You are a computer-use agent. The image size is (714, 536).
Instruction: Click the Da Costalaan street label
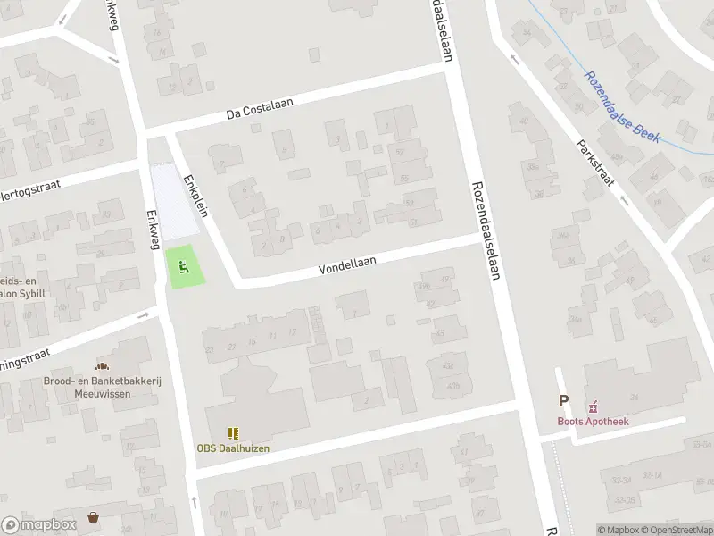[x=260, y=109]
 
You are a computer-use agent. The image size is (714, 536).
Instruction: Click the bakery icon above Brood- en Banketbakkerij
[x=103, y=366]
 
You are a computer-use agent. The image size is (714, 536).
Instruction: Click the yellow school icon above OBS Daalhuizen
[x=234, y=432]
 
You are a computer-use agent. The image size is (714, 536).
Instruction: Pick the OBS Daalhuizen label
[x=233, y=448]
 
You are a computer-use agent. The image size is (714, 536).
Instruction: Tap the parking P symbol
[x=563, y=402]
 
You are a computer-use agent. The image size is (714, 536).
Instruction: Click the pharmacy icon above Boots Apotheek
[x=590, y=405]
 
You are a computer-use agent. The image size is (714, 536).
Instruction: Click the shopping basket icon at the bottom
[x=94, y=516]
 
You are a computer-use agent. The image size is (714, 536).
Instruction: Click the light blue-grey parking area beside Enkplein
[x=175, y=201]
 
